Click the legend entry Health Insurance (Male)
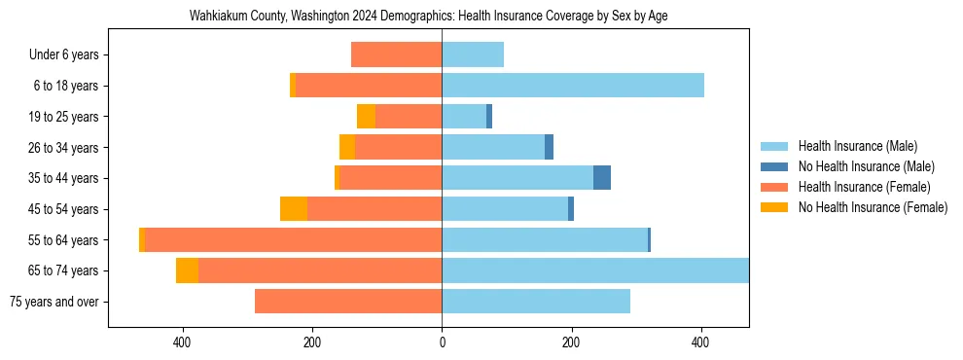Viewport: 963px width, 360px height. tap(853, 146)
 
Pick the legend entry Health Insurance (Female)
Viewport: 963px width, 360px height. tap(858, 187)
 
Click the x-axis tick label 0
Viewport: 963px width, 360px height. tap(442, 342)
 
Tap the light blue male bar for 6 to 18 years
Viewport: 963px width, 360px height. tap(572, 86)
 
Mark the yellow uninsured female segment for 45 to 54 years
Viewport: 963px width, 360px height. tap(293, 209)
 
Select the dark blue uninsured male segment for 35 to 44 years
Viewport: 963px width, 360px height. tap(602, 178)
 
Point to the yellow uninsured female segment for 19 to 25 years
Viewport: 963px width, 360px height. tap(366, 117)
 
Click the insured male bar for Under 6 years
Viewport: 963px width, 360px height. tap(473, 55)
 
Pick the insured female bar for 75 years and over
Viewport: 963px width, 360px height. tap(348, 302)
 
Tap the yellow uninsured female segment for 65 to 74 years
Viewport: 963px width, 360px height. tap(187, 270)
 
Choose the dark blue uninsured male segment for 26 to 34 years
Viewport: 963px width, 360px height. tap(549, 148)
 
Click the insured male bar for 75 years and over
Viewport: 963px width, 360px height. tap(535, 302)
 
